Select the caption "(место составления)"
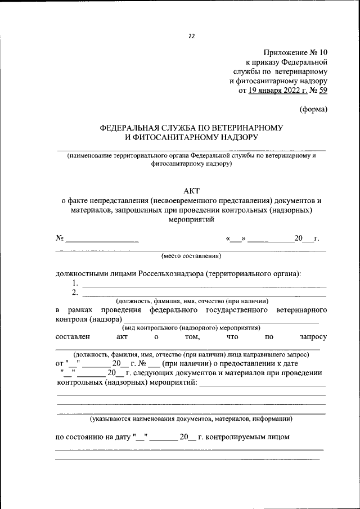point(191,256)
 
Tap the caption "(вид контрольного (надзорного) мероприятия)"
point(191,327)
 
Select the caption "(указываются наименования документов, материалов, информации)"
point(191,419)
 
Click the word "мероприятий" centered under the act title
point(191,220)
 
